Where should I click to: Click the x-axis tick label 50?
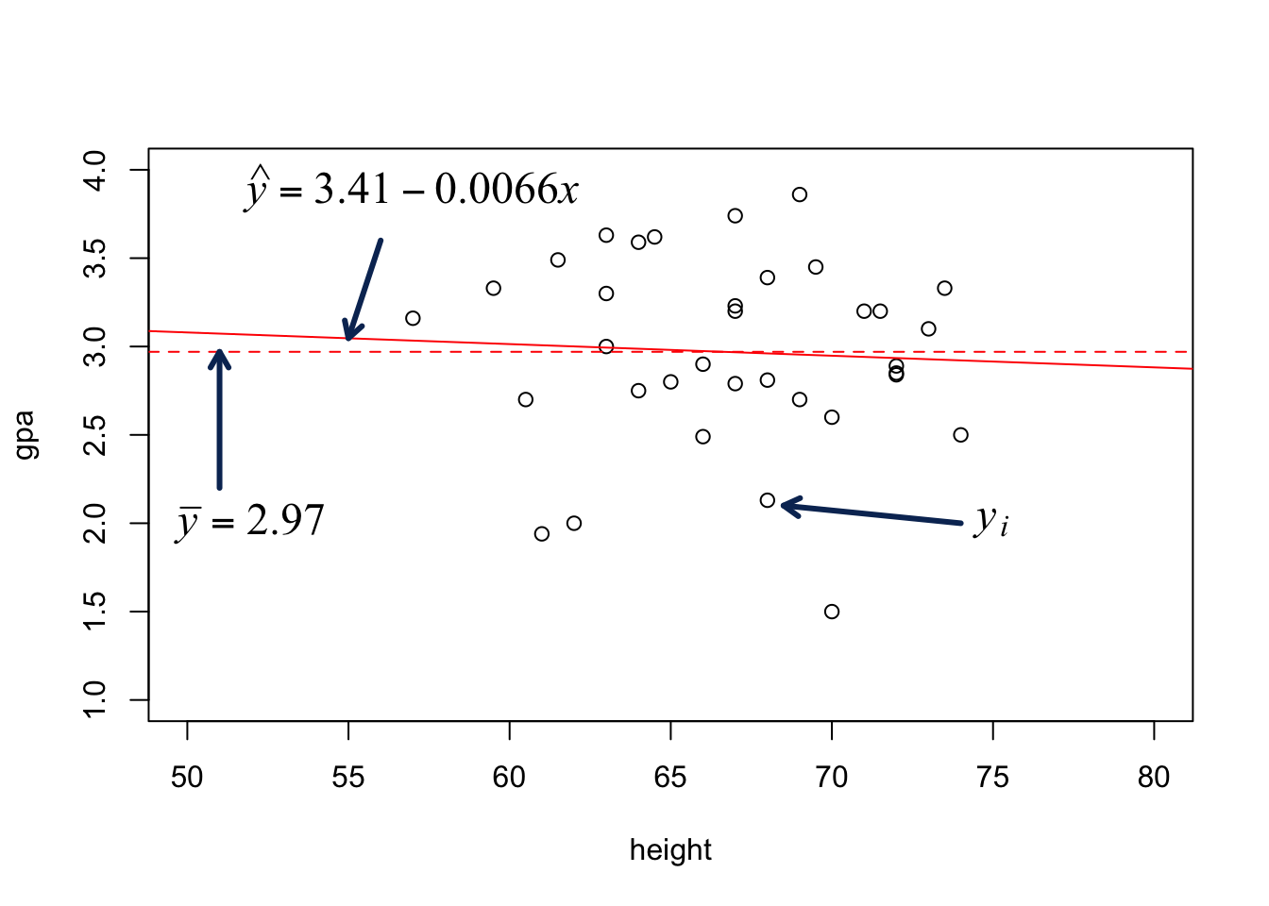(x=187, y=777)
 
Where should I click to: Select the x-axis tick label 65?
(x=670, y=777)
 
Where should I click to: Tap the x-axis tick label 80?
(x=1154, y=777)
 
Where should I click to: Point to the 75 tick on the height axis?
(x=993, y=777)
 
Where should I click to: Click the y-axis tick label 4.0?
(x=95, y=170)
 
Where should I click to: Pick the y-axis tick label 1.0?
(x=95, y=700)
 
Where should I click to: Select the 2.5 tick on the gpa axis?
(x=95, y=435)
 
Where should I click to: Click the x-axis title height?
(x=670, y=850)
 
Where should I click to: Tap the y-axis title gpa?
(x=25, y=435)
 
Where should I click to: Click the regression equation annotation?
(x=412, y=190)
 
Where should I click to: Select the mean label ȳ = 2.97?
(x=250, y=521)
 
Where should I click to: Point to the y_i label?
(x=991, y=519)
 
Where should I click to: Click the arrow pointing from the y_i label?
(x=871, y=514)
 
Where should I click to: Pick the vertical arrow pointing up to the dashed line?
(x=219, y=420)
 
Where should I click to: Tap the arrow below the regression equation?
(x=364, y=289)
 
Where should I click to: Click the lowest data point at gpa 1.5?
(x=832, y=612)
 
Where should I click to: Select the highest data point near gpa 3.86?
(x=800, y=194)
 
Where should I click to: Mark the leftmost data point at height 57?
(x=413, y=318)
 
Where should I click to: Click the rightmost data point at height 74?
(x=961, y=435)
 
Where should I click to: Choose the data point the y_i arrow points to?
(x=768, y=500)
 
